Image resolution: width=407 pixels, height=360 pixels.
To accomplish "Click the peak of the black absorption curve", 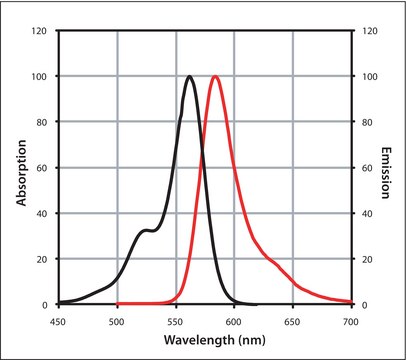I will (x=190, y=76).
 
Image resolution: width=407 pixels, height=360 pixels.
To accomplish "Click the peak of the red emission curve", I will (x=215, y=76).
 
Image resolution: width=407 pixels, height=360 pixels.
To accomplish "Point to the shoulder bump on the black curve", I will (x=146, y=231).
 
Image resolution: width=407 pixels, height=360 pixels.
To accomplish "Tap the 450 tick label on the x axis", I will (x=59, y=322).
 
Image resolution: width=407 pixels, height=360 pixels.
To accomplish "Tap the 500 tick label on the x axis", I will (x=117, y=322).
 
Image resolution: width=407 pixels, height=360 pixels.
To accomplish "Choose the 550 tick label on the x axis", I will (x=176, y=322).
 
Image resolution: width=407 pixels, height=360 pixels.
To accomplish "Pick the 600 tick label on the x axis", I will (x=234, y=322).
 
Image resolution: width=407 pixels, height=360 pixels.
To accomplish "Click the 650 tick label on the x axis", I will (x=293, y=322).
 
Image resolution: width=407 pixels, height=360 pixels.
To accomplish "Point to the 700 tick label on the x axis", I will (x=350, y=322).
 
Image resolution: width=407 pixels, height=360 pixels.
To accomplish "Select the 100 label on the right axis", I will (x=367, y=76).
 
